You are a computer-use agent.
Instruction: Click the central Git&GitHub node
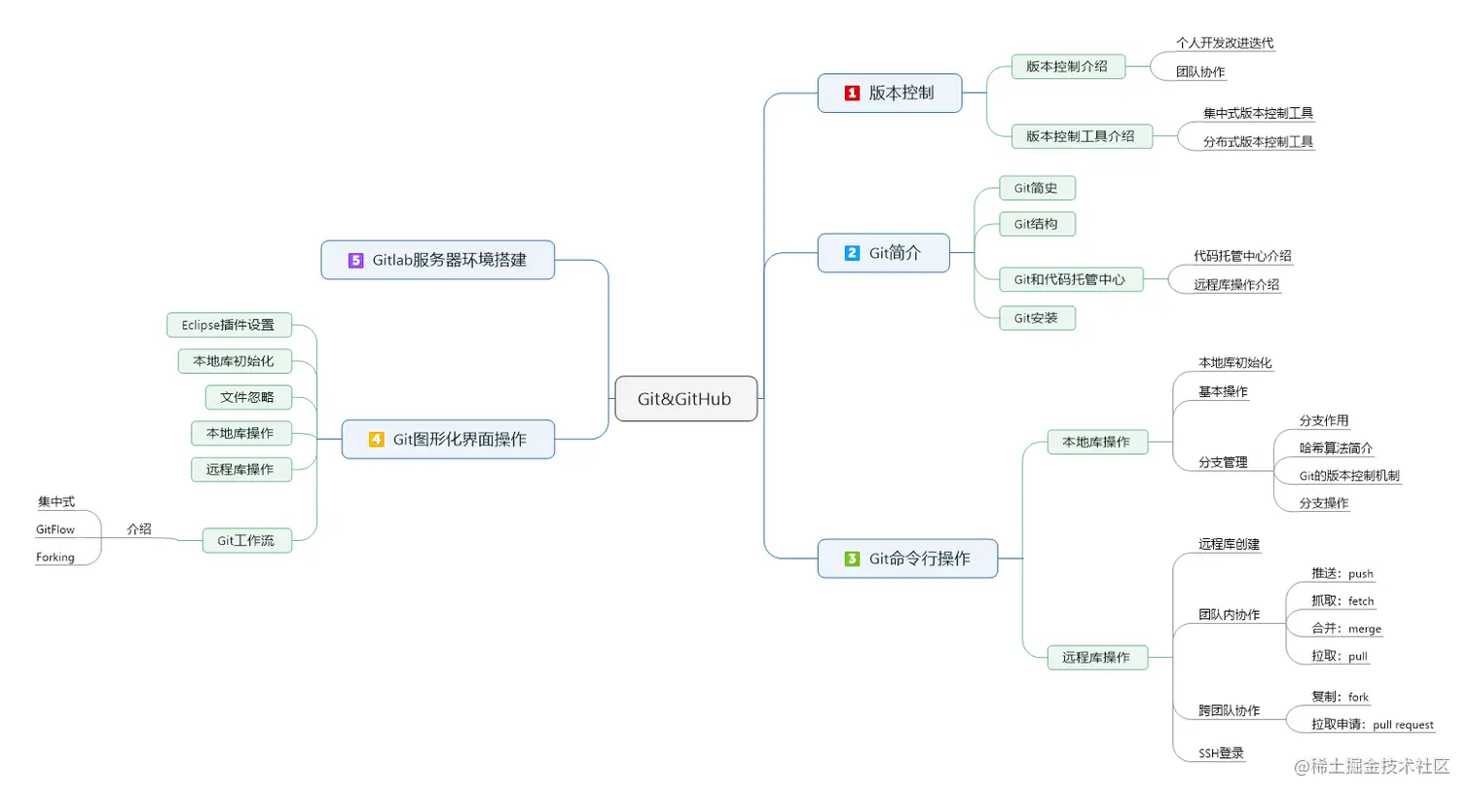[x=685, y=399]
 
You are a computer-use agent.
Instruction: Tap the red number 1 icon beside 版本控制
[x=852, y=93]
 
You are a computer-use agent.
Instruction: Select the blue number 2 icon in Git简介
[x=852, y=253]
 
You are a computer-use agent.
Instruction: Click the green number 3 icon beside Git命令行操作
[x=852, y=559]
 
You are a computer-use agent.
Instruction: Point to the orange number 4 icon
[x=376, y=440]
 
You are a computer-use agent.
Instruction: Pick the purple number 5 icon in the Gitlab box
[x=355, y=261]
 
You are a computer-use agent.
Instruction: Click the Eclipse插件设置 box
[x=229, y=325]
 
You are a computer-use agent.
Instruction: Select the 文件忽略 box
[x=247, y=397]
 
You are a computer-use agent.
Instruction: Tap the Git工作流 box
[x=246, y=541]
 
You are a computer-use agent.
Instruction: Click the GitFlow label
[x=55, y=530]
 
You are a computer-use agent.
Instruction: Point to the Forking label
[x=55, y=558]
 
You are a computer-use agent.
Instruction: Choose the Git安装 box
[x=1036, y=318]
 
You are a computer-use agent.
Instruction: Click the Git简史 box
[x=1036, y=188]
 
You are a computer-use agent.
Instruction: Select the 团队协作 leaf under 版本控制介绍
[x=1200, y=72]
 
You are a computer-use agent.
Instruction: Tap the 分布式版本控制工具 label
[x=1258, y=142]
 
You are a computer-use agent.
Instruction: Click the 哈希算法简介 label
[x=1336, y=449]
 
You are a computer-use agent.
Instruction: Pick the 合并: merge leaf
[x=1346, y=629]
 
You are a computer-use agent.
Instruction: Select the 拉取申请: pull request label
[x=1372, y=725]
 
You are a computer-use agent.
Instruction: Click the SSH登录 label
[x=1221, y=753]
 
